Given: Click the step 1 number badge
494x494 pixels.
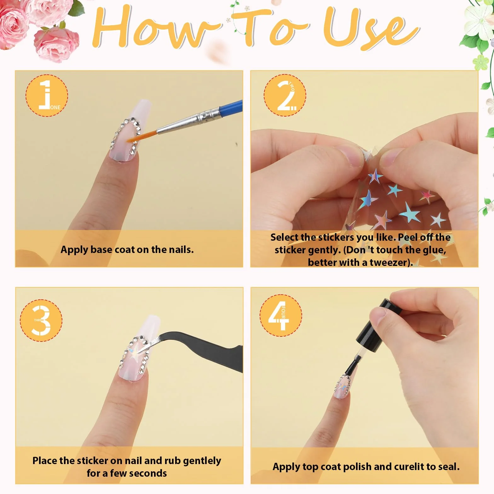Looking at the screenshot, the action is click(x=47, y=95).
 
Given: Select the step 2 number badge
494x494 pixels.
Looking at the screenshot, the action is click(x=285, y=95).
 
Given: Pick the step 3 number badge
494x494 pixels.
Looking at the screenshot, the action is click(x=41, y=320).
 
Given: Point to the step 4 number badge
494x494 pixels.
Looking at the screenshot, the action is click(x=281, y=315).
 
